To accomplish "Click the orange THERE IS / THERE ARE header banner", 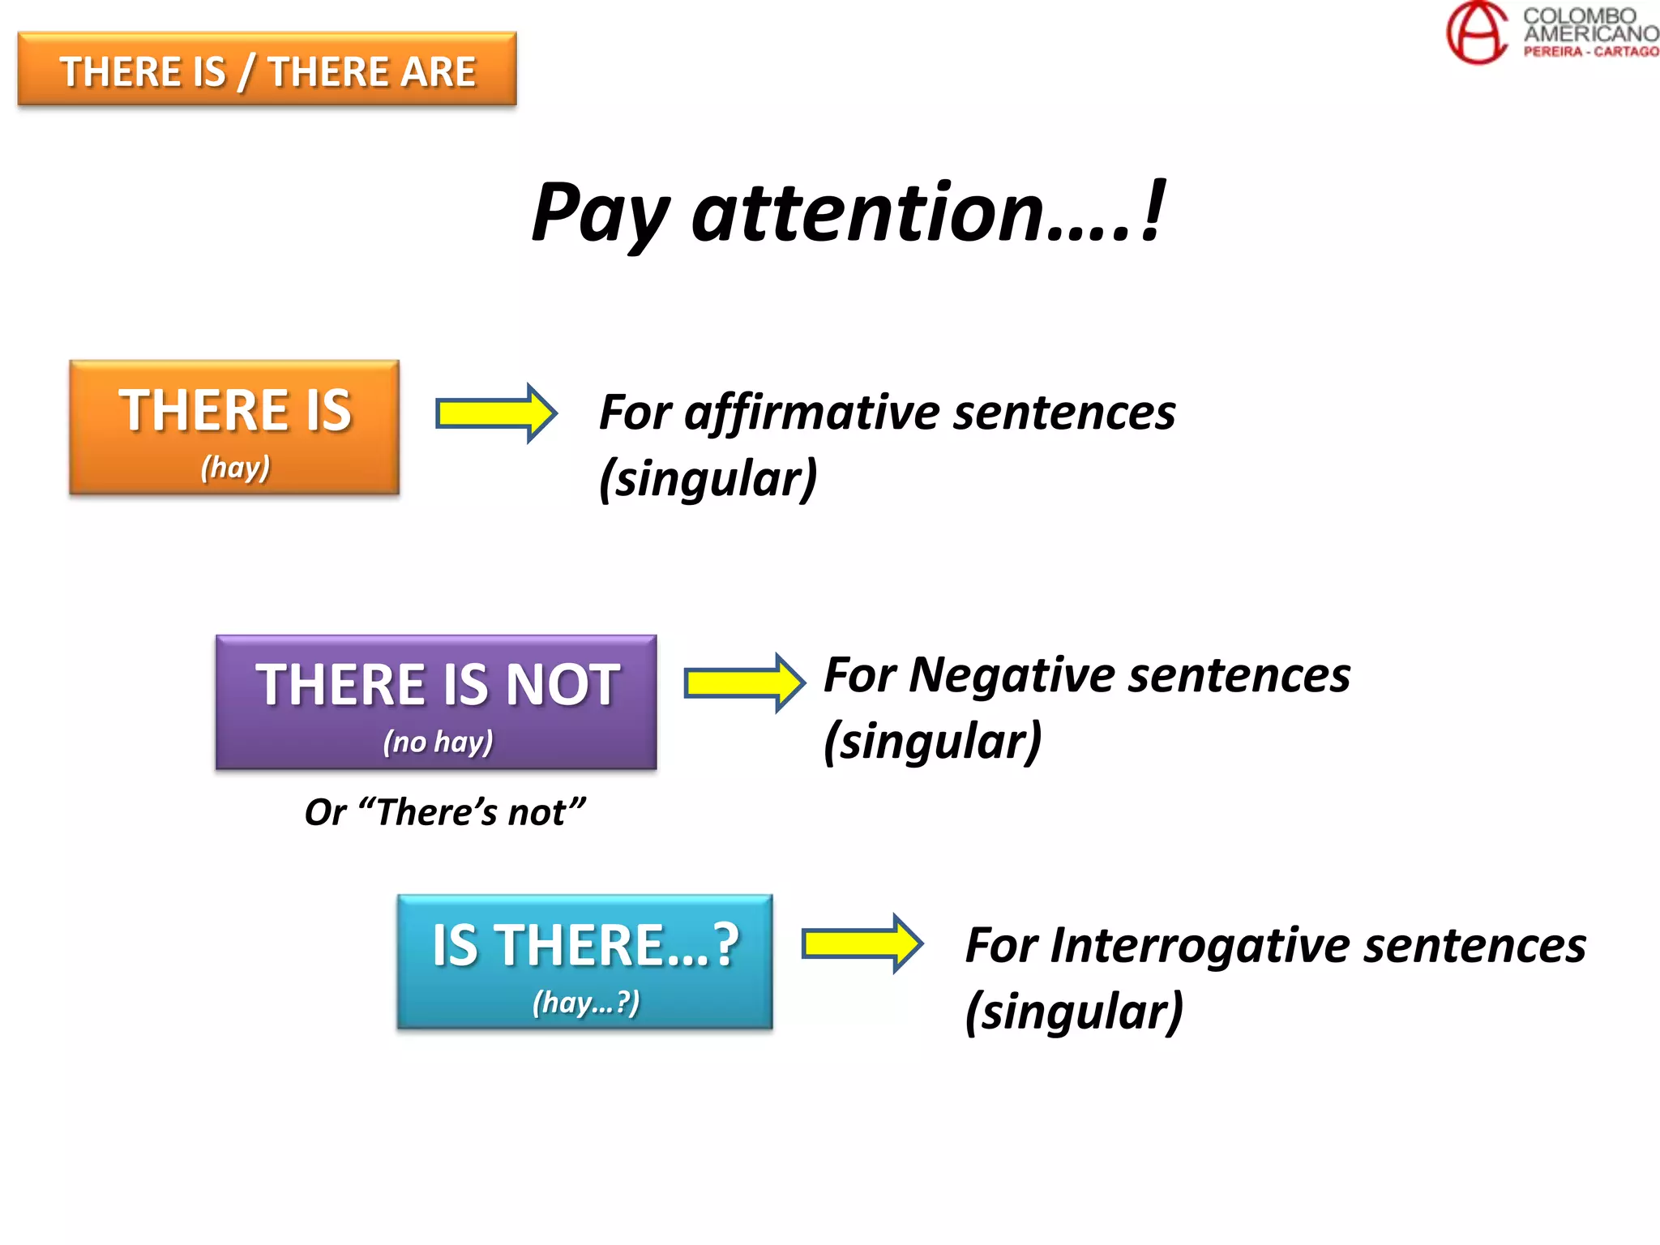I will point(267,70).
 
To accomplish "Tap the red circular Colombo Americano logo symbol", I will point(1477,32).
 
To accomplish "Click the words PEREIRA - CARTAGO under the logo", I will point(1590,52).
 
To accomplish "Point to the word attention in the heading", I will point(866,212).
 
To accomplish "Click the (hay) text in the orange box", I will point(235,468).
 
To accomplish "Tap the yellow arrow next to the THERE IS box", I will point(495,413).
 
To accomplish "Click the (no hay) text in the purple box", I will point(438,742).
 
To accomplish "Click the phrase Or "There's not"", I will point(444,812).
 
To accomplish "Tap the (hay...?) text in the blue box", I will point(585,1003).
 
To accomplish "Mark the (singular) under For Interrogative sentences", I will point(1074,1012).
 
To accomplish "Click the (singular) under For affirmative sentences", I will point(708,479).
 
